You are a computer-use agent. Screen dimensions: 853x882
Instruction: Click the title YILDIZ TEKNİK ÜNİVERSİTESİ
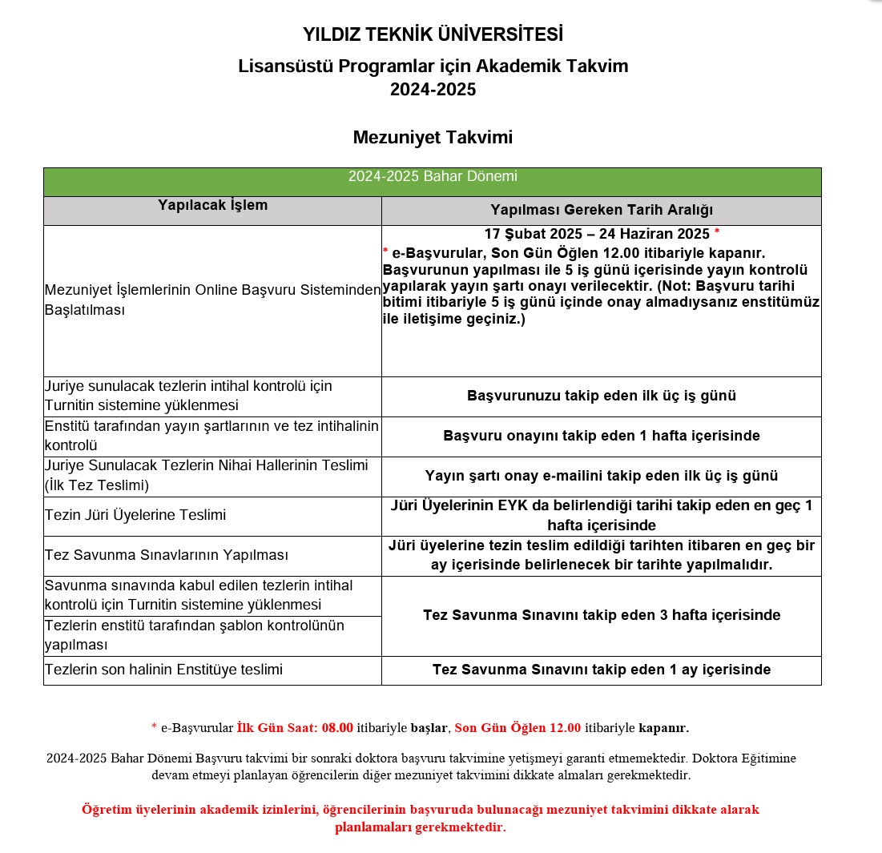pyautogui.click(x=433, y=35)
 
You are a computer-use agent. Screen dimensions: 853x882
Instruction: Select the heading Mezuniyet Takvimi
pyautogui.click(x=433, y=138)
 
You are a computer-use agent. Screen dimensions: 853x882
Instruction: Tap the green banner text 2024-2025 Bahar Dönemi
pyautogui.click(x=433, y=177)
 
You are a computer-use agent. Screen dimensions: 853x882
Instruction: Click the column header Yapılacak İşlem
pyautogui.click(x=212, y=205)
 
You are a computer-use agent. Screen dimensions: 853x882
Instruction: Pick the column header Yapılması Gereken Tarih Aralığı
pyautogui.click(x=601, y=210)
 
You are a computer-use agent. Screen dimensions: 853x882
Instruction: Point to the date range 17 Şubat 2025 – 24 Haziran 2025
pyautogui.click(x=597, y=234)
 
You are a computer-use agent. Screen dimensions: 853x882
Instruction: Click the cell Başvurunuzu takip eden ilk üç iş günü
pyautogui.click(x=601, y=396)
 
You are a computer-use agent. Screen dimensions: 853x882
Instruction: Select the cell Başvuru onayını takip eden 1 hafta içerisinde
pyautogui.click(x=601, y=436)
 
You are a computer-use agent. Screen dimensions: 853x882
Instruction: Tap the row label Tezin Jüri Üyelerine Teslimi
pyautogui.click(x=135, y=515)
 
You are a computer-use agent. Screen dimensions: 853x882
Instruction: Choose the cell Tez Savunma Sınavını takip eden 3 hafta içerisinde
pyautogui.click(x=601, y=615)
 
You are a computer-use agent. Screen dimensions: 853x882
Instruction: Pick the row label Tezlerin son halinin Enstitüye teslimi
pyautogui.click(x=163, y=670)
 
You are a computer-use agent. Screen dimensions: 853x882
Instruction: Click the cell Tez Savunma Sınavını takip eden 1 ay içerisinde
pyautogui.click(x=601, y=670)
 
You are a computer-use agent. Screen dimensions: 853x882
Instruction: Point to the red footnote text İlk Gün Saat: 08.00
pyautogui.click(x=295, y=728)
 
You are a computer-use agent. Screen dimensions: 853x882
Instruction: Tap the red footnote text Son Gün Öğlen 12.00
pyautogui.click(x=518, y=728)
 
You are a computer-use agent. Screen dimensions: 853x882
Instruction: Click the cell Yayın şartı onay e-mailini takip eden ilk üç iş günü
pyautogui.click(x=601, y=476)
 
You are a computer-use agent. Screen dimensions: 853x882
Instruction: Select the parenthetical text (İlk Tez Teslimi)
pyautogui.click(x=97, y=485)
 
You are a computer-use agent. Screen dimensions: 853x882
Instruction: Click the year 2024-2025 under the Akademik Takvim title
pyautogui.click(x=433, y=90)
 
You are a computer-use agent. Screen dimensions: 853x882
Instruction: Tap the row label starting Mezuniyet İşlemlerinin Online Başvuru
pyautogui.click(x=212, y=300)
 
